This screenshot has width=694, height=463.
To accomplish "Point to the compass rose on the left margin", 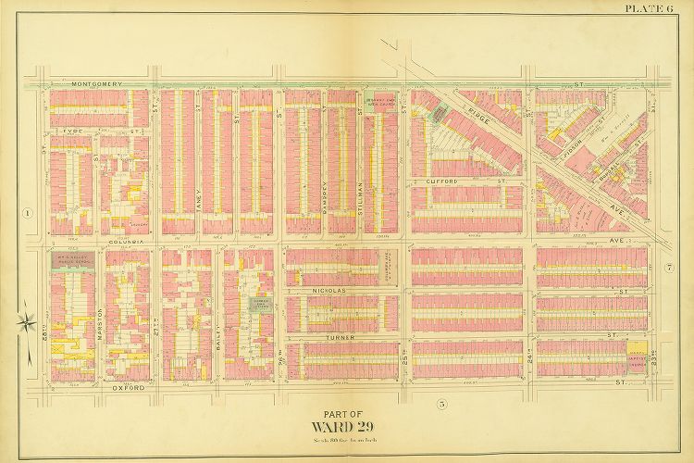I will (30, 323).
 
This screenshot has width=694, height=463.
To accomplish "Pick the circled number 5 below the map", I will (441, 403).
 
